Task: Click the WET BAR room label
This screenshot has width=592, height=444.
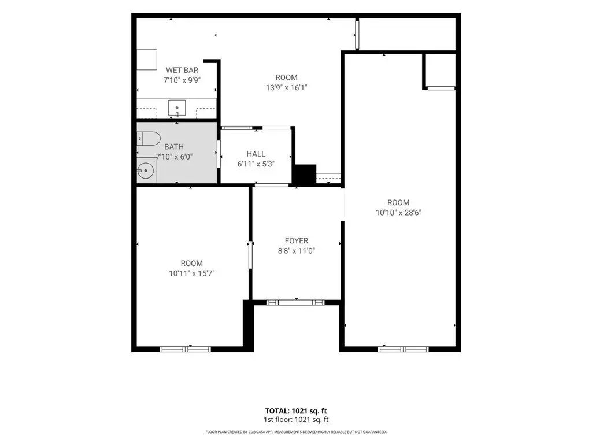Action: [x=182, y=70]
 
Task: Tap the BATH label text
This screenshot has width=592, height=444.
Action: [x=174, y=146]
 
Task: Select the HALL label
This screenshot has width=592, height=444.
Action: [x=256, y=154]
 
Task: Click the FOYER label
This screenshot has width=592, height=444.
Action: [x=297, y=240]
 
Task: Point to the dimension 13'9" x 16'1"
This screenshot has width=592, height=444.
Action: [x=287, y=88]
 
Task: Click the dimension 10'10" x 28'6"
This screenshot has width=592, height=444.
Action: [x=398, y=213]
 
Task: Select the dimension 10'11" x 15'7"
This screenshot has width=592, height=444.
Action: [x=192, y=273]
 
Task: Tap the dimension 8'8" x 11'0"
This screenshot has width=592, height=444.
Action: [x=297, y=251]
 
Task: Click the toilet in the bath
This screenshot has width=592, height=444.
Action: [x=149, y=139]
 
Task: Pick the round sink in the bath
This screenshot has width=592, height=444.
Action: [x=146, y=171]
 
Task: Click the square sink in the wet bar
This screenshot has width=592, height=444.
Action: [x=177, y=108]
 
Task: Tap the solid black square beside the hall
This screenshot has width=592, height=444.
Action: [x=305, y=175]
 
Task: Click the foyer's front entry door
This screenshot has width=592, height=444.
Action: [x=295, y=302]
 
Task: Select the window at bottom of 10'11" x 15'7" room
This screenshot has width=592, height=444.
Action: [x=185, y=349]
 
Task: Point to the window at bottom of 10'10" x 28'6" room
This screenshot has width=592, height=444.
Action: [x=403, y=349]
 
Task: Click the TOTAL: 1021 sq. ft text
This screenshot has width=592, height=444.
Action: [x=296, y=411]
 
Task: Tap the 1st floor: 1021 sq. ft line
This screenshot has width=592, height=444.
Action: [x=296, y=420]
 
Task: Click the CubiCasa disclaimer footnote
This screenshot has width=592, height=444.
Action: [x=296, y=432]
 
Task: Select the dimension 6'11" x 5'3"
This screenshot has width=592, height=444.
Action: [x=256, y=164]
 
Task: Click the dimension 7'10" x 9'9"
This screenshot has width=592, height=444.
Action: [x=182, y=80]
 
